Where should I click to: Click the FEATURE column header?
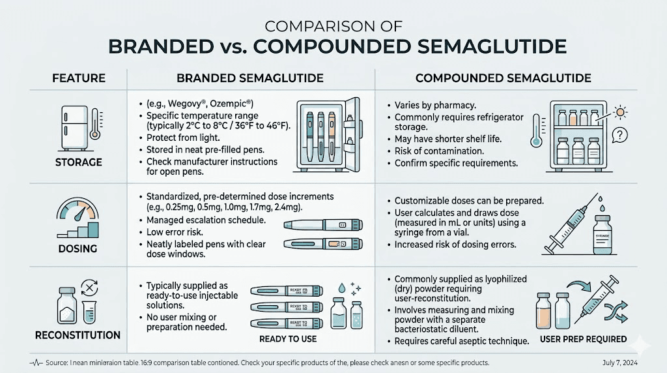(78, 78)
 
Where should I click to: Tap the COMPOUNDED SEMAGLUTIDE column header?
(503, 78)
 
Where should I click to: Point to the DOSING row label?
(78, 248)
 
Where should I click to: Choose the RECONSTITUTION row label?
(78, 335)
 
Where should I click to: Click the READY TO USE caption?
(287, 339)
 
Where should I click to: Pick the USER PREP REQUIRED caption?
(584, 339)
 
